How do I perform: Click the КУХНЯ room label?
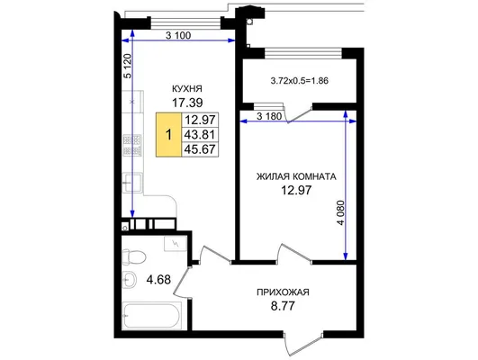point(187,89)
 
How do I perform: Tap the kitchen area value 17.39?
point(187,103)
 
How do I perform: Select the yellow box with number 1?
point(169,135)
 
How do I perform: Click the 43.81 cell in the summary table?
point(200,134)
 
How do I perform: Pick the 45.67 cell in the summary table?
point(200,149)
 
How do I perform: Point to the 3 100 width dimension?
point(178,35)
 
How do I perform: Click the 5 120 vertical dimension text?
point(129,66)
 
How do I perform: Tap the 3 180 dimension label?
point(269,116)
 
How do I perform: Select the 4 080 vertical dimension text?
point(341,212)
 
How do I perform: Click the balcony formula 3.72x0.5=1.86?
point(300,81)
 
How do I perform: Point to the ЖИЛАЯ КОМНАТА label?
point(296,176)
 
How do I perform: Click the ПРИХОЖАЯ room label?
point(283,292)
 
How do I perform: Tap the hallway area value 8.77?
point(283,306)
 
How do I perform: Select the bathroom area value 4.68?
point(158,279)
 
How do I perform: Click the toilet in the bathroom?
point(134,256)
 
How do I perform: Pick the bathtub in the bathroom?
point(152,316)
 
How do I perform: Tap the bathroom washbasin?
point(130,279)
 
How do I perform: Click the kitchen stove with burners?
point(132,146)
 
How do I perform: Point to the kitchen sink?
point(132,183)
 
